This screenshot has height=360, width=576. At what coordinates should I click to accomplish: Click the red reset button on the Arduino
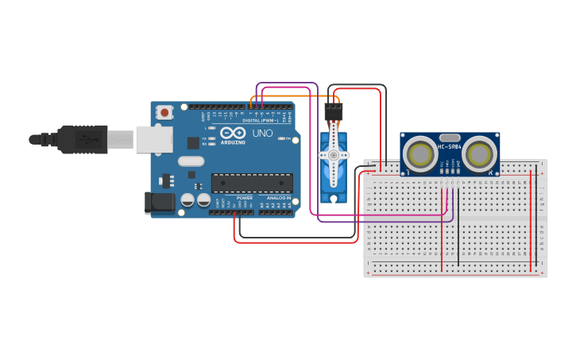click(164, 113)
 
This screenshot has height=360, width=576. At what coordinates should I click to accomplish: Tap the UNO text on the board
click(262, 133)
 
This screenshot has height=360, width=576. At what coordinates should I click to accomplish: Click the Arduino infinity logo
click(233, 133)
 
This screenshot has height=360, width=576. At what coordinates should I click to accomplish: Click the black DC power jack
click(160, 203)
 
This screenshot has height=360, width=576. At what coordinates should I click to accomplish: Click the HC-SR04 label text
click(450, 147)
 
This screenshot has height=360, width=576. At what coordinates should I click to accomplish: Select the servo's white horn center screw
click(334, 155)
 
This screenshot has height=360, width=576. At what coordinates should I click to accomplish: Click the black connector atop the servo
click(334, 111)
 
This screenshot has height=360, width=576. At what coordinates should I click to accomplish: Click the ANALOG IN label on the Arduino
click(277, 197)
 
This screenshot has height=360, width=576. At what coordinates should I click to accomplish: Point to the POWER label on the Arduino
click(244, 197)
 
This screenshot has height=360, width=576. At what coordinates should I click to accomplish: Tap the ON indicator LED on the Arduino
click(282, 138)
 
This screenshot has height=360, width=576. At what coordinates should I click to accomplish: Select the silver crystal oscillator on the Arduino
click(191, 161)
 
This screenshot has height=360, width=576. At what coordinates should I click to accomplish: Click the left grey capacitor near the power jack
click(188, 200)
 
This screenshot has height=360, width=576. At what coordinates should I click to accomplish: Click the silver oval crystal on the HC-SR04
click(450, 137)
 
